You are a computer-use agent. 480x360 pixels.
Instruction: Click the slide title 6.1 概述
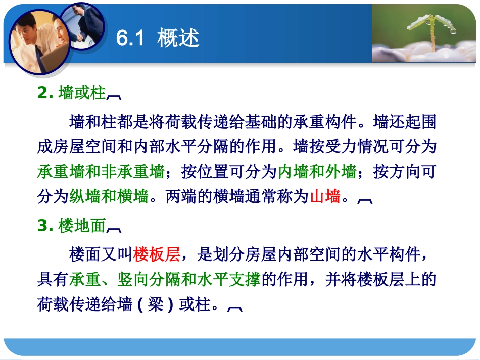pyautogui.click(x=158, y=38)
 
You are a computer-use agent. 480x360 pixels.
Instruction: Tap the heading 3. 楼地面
pyautogui.click(x=72, y=227)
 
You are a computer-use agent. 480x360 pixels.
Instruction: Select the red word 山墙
pyautogui.click(x=324, y=196)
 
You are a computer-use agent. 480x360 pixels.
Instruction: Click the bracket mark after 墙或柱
pyautogui.click(x=114, y=96)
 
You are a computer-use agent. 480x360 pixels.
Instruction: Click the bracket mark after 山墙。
pyautogui.click(x=365, y=200)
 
